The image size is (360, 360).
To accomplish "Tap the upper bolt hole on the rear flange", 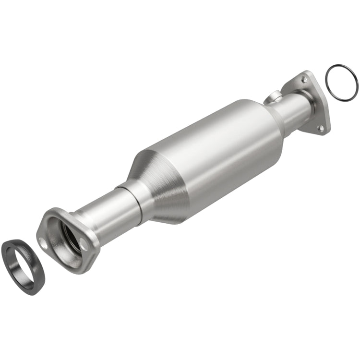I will click(x=304, y=79).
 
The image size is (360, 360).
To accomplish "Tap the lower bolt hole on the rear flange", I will click(x=321, y=127).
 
